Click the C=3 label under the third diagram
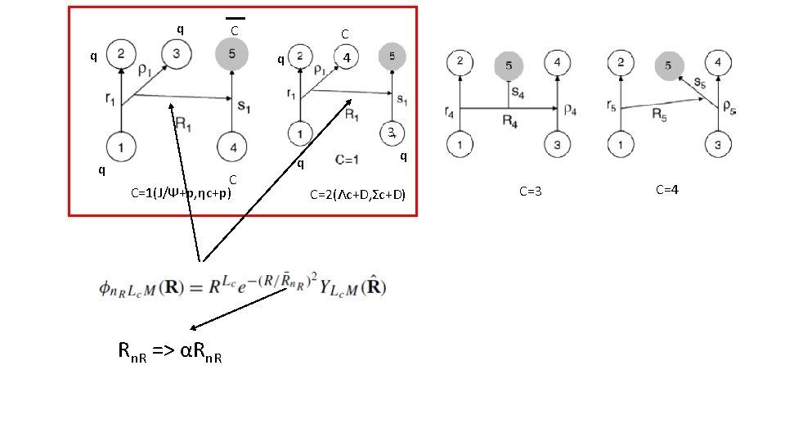tap(531, 192)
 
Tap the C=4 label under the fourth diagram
tap(667, 190)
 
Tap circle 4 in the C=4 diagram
tap(717, 61)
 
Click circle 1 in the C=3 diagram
tap(460, 145)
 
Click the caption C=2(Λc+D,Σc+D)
tap(357, 194)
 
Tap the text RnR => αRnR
tap(170, 353)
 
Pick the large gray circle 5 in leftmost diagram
tap(233, 55)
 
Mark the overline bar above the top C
tap(235, 17)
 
